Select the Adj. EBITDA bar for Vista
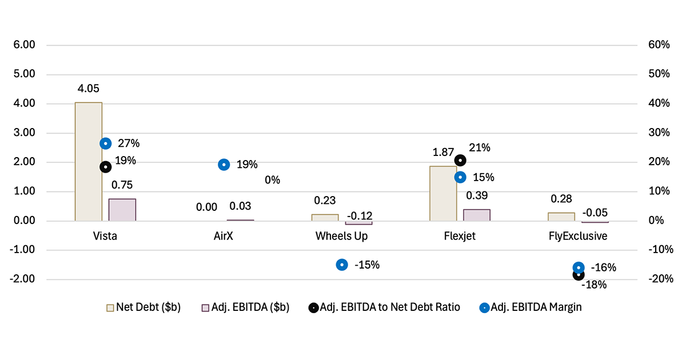pyautogui.click(x=122, y=210)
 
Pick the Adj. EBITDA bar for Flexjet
pyautogui.click(x=477, y=215)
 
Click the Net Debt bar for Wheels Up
pyautogui.click(x=325, y=217)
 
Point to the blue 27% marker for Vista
pyautogui.click(x=105, y=143)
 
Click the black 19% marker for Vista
pyautogui.click(x=105, y=167)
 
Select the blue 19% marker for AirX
pyautogui.click(x=224, y=165)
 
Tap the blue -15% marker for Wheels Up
pyautogui.click(x=342, y=265)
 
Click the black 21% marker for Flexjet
pyautogui.click(x=460, y=161)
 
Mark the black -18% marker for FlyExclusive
pyautogui.click(x=579, y=275)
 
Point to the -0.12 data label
pyautogui.click(x=361, y=215)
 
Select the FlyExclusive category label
pyautogui.click(x=579, y=236)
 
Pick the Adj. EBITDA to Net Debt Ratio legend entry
pyautogui.click(x=384, y=307)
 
